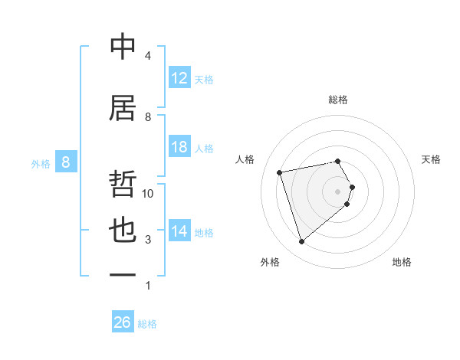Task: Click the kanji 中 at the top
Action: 123,47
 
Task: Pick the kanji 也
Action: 123,231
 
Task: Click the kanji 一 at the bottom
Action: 123,274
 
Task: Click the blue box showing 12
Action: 179,78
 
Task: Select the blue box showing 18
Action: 179,147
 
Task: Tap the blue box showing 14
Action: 179,231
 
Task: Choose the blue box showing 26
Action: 122,322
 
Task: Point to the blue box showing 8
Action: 66,162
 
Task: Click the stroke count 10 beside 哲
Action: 148,194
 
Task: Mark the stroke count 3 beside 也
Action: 148,240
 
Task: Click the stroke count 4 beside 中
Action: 148,56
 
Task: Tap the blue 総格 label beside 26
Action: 147,324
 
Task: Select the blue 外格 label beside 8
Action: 41,163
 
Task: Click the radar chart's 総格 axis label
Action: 338,100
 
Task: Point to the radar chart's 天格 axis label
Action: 431,159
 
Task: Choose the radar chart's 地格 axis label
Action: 402,262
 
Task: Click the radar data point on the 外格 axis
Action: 301,241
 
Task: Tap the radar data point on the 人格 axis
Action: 280,172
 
